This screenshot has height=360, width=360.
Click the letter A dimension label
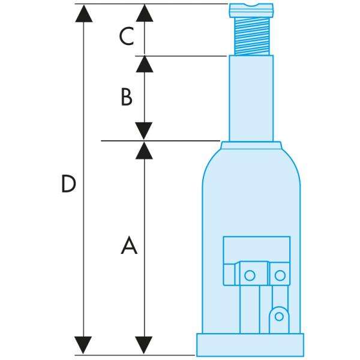129,245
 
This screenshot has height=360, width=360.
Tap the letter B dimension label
126,97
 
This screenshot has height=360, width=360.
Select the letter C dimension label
125,37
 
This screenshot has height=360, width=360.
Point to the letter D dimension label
69,184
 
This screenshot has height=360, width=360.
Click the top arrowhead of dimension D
84,13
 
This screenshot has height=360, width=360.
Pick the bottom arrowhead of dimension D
84,345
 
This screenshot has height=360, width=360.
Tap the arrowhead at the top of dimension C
144,13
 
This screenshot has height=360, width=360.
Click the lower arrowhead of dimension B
144,131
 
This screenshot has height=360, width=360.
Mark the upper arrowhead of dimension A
144,151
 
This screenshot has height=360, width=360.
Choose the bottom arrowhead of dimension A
144,345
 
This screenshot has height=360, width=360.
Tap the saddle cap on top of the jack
251,10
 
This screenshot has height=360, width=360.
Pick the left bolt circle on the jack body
250,275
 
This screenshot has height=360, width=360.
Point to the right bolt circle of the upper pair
280,275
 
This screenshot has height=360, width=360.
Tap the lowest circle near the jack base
277,316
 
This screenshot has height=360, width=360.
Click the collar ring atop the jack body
251,145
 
